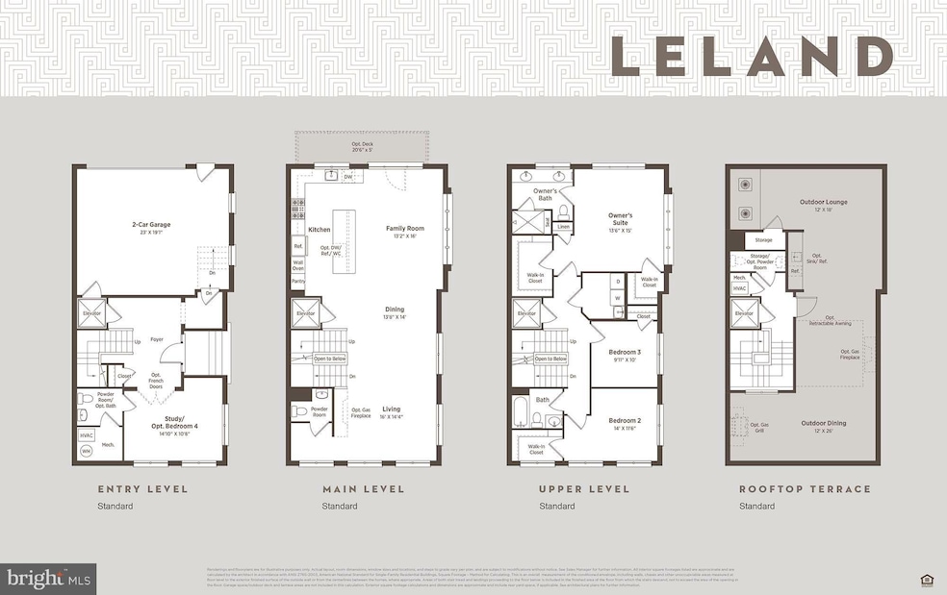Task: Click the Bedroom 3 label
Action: (x=625, y=356)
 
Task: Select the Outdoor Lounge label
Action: (x=823, y=204)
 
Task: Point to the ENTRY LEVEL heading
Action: (x=142, y=489)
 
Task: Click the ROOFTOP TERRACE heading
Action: (x=804, y=489)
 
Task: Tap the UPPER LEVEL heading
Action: (x=584, y=489)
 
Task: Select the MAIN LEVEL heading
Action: (x=362, y=489)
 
